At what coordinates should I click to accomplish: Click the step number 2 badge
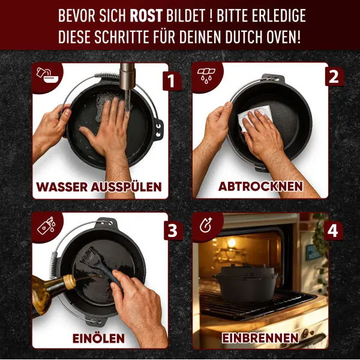click(x=334, y=77)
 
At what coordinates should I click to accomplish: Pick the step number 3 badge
click(x=172, y=230)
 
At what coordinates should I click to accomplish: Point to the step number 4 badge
click(x=334, y=230)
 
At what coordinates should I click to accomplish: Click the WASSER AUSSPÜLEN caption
click(x=99, y=187)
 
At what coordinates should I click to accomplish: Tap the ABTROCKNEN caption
click(x=260, y=187)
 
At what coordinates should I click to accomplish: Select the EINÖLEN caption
click(x=100, y=338)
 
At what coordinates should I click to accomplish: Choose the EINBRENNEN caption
click(x=260, y=338)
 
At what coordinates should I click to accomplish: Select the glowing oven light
click(x=231, y=243)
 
